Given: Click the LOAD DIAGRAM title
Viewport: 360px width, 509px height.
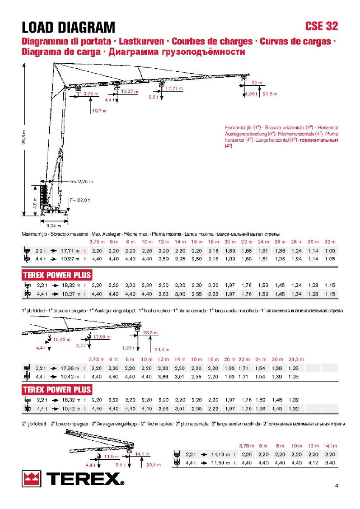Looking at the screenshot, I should [68, 28].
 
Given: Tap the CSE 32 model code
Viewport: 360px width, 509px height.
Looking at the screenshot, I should [321, 26].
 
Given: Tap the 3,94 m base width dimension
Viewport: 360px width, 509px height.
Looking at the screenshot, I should [53, 225].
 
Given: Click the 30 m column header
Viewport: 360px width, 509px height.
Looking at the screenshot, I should [313, 242].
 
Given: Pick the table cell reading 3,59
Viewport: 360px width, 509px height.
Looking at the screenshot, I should [163, 259].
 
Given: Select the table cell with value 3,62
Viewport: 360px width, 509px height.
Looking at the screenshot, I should [163, 294].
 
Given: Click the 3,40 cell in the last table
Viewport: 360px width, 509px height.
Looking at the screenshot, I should [330, 463].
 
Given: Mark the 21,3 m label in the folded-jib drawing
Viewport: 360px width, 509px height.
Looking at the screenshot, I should [162, 350].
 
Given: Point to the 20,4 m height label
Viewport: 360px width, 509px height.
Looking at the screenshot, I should [153, 464].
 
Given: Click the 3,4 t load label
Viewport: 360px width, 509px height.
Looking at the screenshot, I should [119, 465].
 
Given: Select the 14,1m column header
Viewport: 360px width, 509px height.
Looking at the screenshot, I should [330, 446].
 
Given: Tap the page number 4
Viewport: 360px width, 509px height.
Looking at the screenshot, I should [336, 486].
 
